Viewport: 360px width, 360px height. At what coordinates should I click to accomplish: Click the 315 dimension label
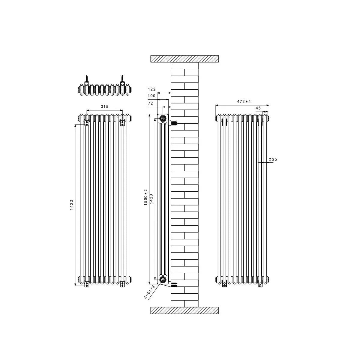pyautogui.click(x=104, y=106)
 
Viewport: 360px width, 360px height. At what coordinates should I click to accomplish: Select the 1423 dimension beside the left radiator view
pyautogui.click(x=71, y=205)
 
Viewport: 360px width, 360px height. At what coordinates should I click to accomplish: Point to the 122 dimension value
pyautogui.click(x=151, y=89)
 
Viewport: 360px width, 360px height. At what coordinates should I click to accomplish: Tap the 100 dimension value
pyautogui.click(x=151, y=96)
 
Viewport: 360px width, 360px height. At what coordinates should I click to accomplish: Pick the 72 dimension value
pyautogui.click(x=151, y=103)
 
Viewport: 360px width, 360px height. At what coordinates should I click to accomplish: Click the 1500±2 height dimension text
pyautogui.click(x=146, y=197)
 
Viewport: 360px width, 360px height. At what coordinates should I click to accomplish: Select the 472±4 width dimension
pyautogui.click(x=244, y=102)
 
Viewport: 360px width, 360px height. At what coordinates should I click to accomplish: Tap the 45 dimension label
pyautogui.click(x=258, y=108)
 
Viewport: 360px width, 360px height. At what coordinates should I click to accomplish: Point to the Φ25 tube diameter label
pyautogui.click(x=273, y=159)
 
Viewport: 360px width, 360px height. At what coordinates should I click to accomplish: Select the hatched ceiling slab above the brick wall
pyautogui.click(x=184, y=59)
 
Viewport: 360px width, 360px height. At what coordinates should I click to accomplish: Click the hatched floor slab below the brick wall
pyautogui.click(x=184, y=310)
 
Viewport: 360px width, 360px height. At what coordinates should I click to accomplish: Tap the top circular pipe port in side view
pyautogui.click(x=163, y=118)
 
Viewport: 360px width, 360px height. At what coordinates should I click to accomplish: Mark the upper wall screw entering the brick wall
pyautogui.click(x=174, y=123)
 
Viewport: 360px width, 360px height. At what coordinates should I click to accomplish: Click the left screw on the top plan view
pyautogui.click(x=87, y=79)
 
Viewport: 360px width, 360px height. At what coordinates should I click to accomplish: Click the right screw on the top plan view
pyautogui.click(x=122, y=79)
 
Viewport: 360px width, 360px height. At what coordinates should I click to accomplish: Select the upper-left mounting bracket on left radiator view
pyautogui.click(x=87, y=123)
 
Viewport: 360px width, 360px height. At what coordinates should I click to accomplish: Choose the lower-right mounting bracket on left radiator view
pyautogui.click(x=122, y=283)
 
